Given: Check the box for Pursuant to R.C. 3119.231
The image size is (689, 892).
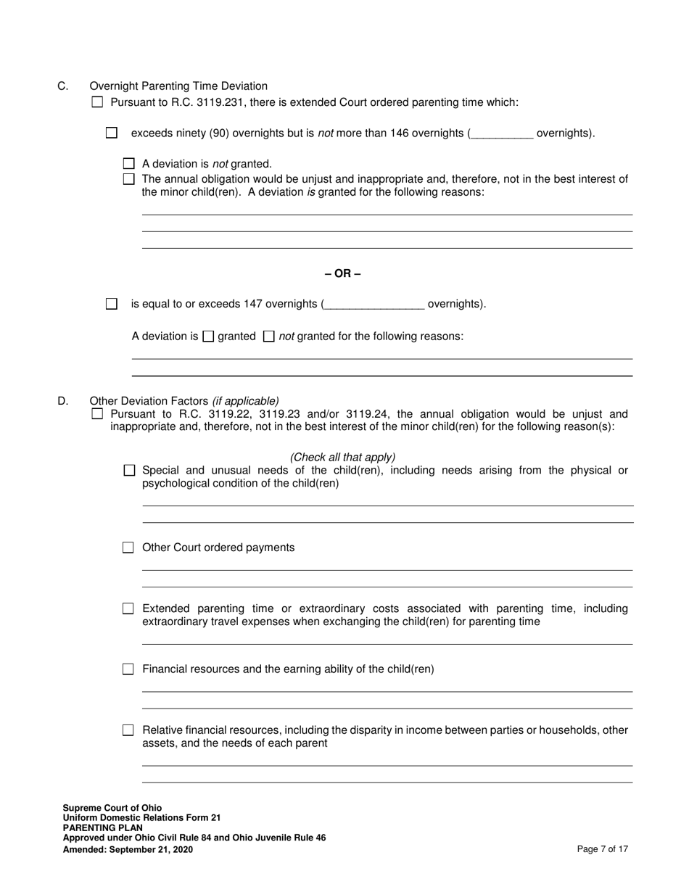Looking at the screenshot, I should pos(98,102).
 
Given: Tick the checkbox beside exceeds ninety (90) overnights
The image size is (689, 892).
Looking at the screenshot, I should pos(111,133).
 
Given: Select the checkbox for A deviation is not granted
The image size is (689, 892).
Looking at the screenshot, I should pos(129,164).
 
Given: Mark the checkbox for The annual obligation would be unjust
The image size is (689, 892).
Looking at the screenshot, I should pos(129,178).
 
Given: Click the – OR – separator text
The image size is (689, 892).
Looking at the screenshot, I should pos(342,273).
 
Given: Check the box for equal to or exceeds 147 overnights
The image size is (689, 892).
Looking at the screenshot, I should pos(111,304).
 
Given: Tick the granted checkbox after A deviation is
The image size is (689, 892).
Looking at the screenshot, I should pos(208,336).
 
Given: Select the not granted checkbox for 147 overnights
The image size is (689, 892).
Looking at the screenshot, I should pos(268,336).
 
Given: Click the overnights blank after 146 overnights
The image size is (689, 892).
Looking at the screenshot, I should pos(502,133).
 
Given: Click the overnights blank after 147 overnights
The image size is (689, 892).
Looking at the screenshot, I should pos(374,305).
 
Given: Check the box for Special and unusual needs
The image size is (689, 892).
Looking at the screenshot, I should pos(129,471).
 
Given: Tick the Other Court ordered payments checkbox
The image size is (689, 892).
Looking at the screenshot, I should pos(128,548).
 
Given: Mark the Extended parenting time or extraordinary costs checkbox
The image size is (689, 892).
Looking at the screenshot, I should pos(128,608).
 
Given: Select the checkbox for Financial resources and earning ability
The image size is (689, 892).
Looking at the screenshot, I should pos(128,669).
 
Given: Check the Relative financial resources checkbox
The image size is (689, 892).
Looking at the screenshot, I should pos(128,730).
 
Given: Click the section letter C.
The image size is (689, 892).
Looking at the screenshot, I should pos(63,86).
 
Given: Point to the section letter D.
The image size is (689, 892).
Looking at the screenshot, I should pos(63,401).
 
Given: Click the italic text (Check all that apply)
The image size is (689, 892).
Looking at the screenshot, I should pos(342,457).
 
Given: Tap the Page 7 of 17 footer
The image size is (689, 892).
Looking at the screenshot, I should pos(602,849).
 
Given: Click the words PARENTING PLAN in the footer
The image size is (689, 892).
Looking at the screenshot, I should pos(102,827).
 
